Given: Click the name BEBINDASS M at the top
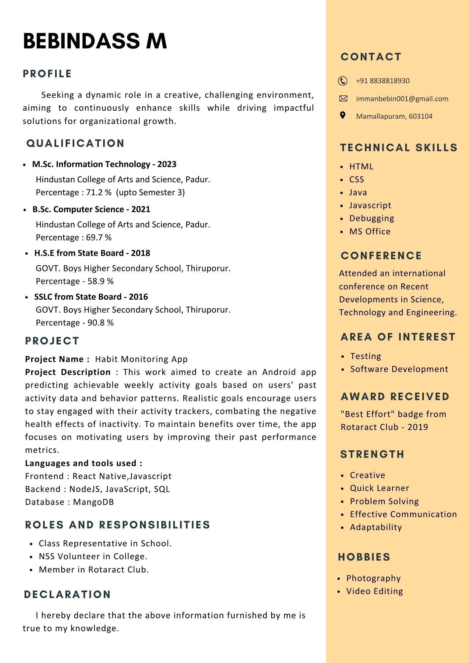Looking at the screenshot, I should click(x=95, y=41).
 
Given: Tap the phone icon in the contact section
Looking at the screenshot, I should click(x=343, y=81).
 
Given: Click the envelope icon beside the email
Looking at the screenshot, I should click(x=343, y=98).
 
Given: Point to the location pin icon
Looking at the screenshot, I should click(x=343, y=115).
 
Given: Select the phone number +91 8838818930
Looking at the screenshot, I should click(x=382, y=81).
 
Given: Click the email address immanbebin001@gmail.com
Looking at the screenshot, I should click(x=402, y=99).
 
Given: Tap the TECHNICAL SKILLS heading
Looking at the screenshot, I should click(x=399, y=148).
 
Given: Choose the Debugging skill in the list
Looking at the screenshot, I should click(x=371, y=218).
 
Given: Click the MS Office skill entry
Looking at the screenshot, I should click(x=370, y=231).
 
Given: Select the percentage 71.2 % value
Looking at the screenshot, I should click(x=99, y=193).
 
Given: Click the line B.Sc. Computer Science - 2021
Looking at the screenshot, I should click(x=91, y=210).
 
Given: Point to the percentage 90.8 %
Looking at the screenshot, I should click(x=100, y=323).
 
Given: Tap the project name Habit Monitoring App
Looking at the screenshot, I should click(x=141, y=359).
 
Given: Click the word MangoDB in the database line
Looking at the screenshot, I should click(x=93, y=502).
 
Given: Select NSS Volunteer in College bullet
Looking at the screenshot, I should click(x=93, y=557).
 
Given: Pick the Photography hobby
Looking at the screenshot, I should click(x=373, y=578).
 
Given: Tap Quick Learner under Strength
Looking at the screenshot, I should click(x=379, y=488).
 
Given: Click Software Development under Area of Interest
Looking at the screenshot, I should click(x=399, y=369).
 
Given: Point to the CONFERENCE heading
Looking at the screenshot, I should click(x=381, y=256).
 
